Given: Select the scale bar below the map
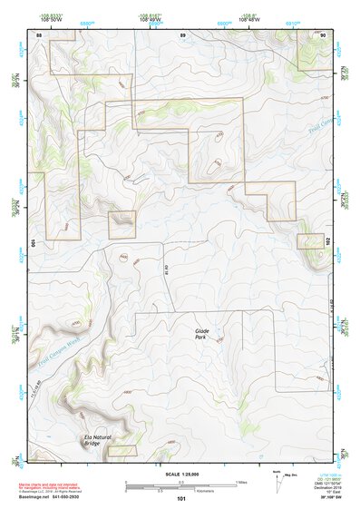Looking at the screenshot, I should (181, 485).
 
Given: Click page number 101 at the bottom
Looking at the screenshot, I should (181, 498).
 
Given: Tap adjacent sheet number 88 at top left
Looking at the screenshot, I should (39, 34).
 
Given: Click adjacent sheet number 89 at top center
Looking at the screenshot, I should (182, 34).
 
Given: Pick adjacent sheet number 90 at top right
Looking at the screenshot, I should (324, 34).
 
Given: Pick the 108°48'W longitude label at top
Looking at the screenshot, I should (250, 19).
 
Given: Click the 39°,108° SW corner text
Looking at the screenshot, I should (329, 498).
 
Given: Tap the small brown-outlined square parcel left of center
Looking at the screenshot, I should (122, 224).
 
